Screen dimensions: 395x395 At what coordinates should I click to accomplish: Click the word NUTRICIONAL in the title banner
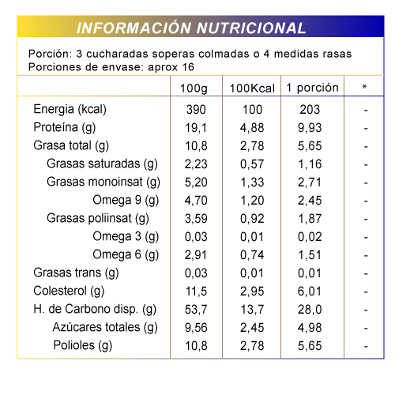(x=251, y=28)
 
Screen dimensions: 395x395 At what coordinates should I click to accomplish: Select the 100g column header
(x=194, y=88)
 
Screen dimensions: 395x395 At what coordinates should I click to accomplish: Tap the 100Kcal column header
(x=252, y=88)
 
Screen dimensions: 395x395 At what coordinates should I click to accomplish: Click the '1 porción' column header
(x=312, y=88)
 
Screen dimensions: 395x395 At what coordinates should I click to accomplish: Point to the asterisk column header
(x=364, y=87)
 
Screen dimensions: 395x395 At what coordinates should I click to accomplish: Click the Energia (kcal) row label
(x=70, y=109)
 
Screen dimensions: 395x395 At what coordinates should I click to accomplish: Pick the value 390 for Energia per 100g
(x=196, y=110)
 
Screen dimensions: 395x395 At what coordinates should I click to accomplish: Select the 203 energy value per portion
(x=310, y=110)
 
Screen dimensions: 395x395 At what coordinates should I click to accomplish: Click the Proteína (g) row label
(x=65, y=128)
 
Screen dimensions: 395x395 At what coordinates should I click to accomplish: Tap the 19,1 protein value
(x=196, y=128)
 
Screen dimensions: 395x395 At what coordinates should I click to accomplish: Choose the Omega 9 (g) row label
(x=126, y=201)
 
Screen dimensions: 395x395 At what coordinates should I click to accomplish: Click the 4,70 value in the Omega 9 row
(x=196, y=201)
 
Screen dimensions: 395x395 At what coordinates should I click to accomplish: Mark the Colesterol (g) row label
(x=69, y=292)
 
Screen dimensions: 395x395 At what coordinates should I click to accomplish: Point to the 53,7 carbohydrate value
(x=196, y=310)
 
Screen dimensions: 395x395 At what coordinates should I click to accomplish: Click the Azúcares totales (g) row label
(x=105, y=327)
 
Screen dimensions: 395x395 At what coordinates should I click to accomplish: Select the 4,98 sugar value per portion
(x=310, y=328)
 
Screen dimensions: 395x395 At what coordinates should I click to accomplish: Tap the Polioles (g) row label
(x=83, y=345)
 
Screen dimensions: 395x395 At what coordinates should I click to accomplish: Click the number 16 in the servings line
(x=188, y=67)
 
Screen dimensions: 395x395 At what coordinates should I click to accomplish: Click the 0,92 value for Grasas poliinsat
(x=252, y=219)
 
